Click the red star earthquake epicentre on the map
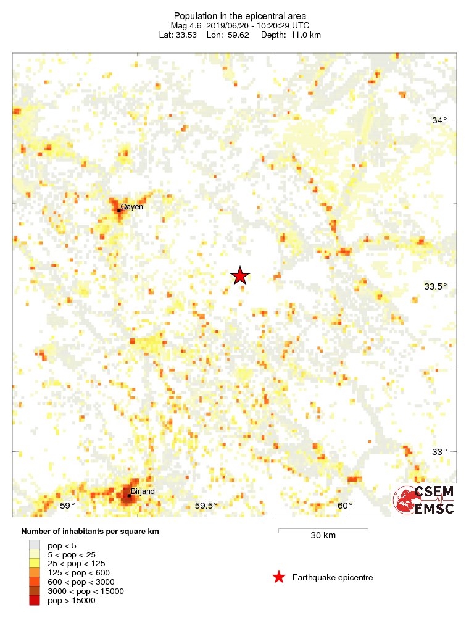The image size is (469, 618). coord(240,276)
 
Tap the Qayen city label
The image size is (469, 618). coord(131,207)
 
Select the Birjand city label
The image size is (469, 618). coord(143,491)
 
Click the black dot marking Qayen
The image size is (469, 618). coord(119,211)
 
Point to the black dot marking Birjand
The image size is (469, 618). coord(128,495)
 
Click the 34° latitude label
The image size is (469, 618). coord(439,120)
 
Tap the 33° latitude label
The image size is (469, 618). coord(439,452)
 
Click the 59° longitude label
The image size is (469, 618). coord(68,506)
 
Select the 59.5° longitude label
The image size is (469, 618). coord(207,506)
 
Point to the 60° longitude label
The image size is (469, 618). coord(345,506)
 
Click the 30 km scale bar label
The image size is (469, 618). coord(323,535)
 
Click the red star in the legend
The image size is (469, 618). coord(279,577)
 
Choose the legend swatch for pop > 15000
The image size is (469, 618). coord(35,600)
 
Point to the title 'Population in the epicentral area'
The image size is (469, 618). coord(240,16)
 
